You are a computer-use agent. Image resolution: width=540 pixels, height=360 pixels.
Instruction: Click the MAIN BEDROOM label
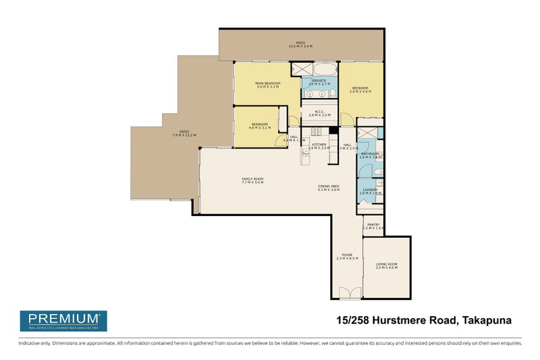coord(267,83)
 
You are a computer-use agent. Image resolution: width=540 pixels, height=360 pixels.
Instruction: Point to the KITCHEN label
coord(319,145)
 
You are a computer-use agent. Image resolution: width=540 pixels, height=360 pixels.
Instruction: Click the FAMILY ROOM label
coord(252,178)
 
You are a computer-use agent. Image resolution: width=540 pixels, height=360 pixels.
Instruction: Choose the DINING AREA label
coord(328,186)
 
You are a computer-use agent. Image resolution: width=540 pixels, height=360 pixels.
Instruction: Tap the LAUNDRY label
coord(370,190)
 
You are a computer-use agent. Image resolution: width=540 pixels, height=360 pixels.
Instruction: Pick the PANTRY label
coord(373,225)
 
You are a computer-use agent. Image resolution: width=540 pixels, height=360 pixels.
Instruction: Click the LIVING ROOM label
coord(387,264)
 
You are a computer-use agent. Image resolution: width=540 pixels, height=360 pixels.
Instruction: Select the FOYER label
coord(347,255)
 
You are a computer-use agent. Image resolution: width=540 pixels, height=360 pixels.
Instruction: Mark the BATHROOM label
coord(371,154)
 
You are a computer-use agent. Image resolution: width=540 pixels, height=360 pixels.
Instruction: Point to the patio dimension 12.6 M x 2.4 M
coord(300,47)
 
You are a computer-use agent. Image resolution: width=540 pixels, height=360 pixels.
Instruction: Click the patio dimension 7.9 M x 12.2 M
coord(184,135)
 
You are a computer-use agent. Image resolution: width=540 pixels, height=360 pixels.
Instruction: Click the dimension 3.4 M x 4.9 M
coord(359,91)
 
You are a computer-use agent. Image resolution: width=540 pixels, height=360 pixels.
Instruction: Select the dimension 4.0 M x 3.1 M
coord(260,128)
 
